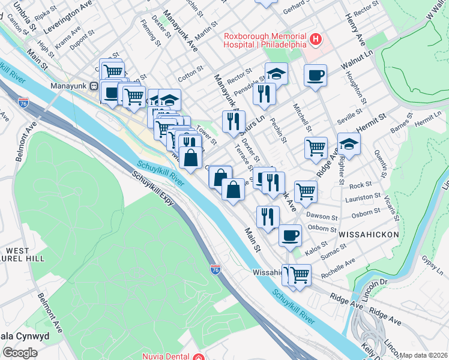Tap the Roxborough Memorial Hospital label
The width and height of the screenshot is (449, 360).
tap(265, 40)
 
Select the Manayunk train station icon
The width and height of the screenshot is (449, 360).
tap(94, 86)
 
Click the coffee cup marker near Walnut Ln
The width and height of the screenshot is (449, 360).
tap(315, 76)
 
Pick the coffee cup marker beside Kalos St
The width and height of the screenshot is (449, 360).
tap(290, 234)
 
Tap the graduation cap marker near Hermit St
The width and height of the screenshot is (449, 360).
tap(349, 144)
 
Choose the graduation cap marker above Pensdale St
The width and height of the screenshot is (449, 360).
tap(276, 74)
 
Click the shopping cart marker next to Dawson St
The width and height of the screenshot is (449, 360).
tap(306, 191)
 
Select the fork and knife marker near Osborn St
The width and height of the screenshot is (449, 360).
tap(268, 216)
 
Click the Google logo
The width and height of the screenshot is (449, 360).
tap(20, 353)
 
